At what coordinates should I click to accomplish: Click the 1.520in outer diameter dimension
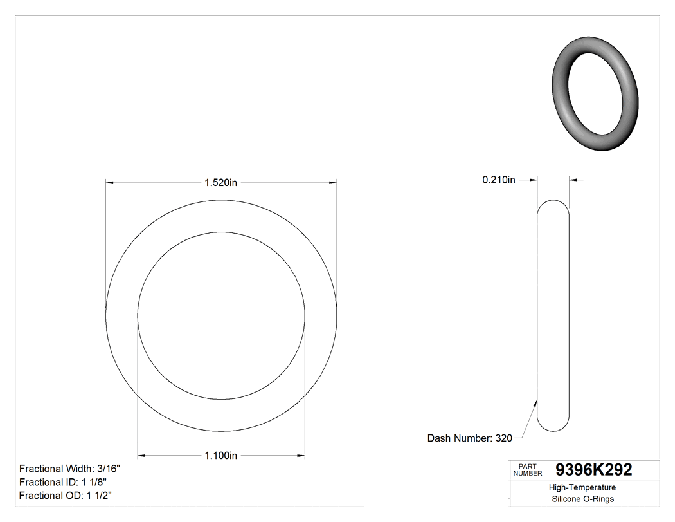click(x=221, y=183)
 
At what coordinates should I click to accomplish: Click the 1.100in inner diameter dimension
click(x=221, y=456)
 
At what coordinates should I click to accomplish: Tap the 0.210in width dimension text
click(x=499, y=180)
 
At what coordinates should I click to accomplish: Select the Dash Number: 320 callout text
click(x=470, y=438)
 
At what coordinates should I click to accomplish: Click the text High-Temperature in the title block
click(x=583, y=487)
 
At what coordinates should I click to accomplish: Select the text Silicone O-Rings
click(x=583, y=499)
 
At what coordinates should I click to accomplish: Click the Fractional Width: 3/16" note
click(x=69, y=469)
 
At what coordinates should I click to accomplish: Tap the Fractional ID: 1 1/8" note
click(x=63, y=482)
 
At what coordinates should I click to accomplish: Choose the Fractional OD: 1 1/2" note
click(x=66, y=496)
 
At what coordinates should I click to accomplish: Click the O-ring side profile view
click(x=553, y=315)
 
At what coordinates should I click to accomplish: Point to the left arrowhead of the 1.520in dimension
click(x=110, y=183)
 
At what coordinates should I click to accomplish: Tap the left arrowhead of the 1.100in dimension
click(x=143, y=456)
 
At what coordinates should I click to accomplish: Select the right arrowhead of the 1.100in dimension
click(x=300, y=456)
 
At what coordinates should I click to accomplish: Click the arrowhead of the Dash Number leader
click(x=535, y=402)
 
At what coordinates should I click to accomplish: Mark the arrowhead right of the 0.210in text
click(x=573, y=180)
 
